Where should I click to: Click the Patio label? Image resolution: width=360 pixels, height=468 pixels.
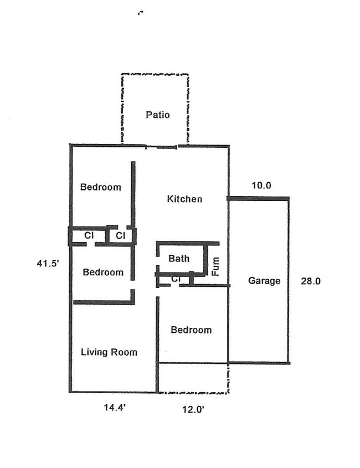158,115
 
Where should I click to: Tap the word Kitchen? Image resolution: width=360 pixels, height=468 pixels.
184,199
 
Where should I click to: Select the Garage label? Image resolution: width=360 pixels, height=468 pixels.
264,281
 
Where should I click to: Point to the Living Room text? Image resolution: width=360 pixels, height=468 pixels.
109,352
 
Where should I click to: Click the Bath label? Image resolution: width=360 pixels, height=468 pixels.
179,258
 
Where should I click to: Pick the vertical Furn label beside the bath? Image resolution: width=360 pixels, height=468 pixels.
216,266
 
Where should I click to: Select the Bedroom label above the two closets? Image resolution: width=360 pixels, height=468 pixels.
100,187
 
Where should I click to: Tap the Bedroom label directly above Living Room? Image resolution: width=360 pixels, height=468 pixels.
103,272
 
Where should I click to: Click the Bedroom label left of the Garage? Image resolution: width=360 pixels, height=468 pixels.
191,330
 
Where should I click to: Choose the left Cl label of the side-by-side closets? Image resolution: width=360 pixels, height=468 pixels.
88,236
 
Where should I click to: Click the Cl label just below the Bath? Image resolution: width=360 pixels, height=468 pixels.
176,279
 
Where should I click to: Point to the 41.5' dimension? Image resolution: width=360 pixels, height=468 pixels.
48,264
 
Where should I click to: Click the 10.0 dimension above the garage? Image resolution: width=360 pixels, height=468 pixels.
261,186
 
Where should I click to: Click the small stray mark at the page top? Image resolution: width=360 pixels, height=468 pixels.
140,13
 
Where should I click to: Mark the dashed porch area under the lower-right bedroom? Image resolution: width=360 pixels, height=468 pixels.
193,378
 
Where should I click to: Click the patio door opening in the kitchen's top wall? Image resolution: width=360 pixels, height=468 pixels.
162,147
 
